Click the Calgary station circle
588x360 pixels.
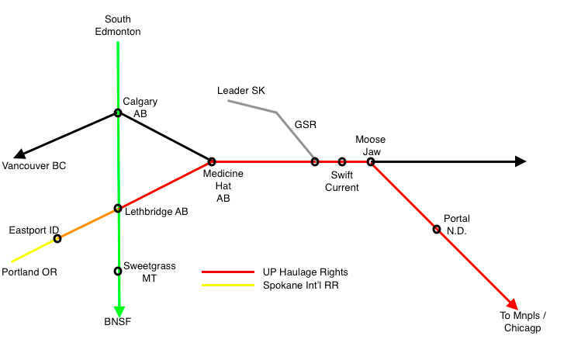pos(118,112)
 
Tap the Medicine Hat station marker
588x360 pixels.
pos(211,161)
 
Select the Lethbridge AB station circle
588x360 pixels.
pos(118,208)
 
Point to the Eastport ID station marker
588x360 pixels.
pos(57,238)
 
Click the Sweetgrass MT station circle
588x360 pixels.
pos(118,271)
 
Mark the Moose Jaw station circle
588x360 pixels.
pos(371,161)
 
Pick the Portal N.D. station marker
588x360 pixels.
pos(437,229)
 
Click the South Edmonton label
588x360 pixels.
pos(118,25)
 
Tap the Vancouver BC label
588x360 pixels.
pos(33,166)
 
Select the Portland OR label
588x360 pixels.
pos(29,272)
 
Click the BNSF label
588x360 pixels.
pos(118,321)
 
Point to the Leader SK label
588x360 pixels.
pos(241,91)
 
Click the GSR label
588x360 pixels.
pos(306,124)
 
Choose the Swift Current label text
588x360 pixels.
pos(342,182)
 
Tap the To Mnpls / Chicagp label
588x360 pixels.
pos(524,321)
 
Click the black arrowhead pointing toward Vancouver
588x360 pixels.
pos(22,154)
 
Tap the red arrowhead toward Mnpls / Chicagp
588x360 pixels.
pos(512,304)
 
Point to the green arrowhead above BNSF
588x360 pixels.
pos(118,305)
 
